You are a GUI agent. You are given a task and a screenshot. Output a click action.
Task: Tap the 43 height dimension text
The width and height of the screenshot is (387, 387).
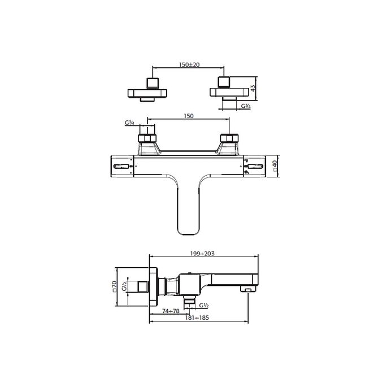(x=254, y=88)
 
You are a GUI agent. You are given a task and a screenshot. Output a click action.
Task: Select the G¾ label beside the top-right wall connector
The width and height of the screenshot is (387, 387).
(x=246, y=106)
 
